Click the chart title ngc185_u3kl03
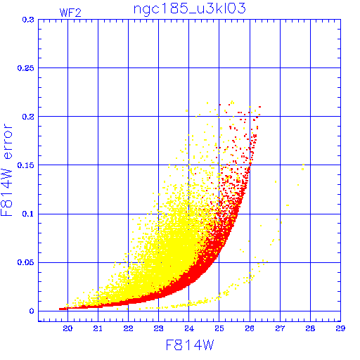click(189, 8)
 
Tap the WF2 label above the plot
click(70, 13)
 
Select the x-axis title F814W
click(190, 345)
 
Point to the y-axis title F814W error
click(6, 169)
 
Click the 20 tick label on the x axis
click(67, 328)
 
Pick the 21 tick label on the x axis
click(98, 328)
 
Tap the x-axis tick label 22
click(128, 328)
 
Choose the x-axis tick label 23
click(158, 328)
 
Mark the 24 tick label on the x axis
click(189, 328)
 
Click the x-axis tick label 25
click(219, 328)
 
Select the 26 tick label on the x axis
click(250, 328)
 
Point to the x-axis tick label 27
click(280, 328)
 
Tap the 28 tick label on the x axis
click(310, 328)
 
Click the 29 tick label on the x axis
click(340, 328)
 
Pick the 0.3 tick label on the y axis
click(28, 20)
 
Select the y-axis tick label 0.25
click(26, 68)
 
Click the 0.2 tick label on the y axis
click(28, 117)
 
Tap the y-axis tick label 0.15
click(26, 165)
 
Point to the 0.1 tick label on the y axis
click(28, 214)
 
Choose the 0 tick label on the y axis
click(32, 311)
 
